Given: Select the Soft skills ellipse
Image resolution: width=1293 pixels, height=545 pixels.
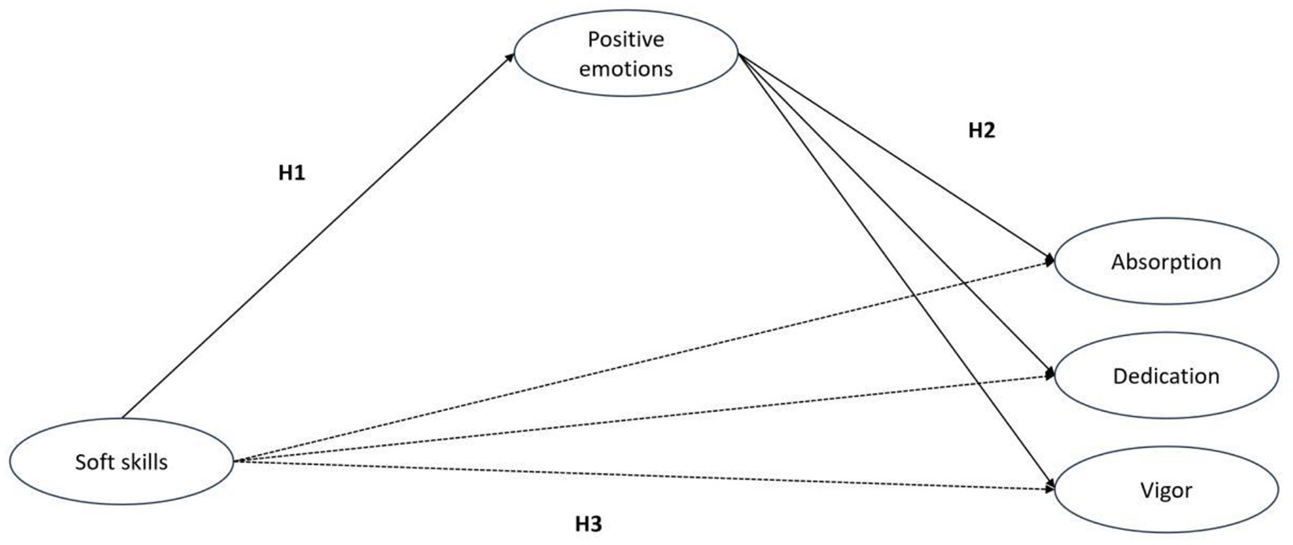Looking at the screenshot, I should click(121, 462).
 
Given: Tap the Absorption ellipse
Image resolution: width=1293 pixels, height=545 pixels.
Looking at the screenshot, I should click(1166, 262).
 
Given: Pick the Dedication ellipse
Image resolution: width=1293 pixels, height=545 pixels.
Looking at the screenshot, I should click(1166, 376).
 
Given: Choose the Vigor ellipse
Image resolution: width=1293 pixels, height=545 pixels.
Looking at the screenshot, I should click(1166, 489).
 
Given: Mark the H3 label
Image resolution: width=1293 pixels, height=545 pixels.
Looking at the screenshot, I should click(589, 523).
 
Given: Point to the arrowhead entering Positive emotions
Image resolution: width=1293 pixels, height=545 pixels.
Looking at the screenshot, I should click(510, 56).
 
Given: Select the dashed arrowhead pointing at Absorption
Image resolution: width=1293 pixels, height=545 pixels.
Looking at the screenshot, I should click(1049, 262).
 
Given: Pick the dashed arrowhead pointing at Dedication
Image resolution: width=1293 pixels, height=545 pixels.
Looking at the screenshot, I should click(1049, 377).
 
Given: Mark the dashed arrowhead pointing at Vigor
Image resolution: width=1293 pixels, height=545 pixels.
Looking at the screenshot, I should click(1049, 488).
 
